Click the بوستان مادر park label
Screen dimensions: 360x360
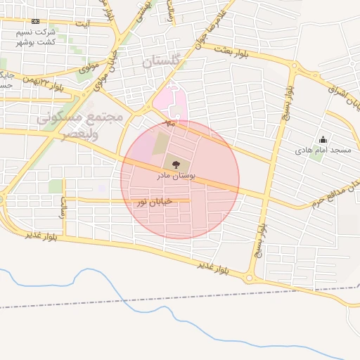(193, 174)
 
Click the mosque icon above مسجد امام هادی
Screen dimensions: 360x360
(323, 139)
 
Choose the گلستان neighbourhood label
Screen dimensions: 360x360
(162, 61)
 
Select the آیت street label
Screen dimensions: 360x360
(82, 25)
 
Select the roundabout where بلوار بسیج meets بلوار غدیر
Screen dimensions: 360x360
(250, 278)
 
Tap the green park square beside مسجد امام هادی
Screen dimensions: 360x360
(316, 153)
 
